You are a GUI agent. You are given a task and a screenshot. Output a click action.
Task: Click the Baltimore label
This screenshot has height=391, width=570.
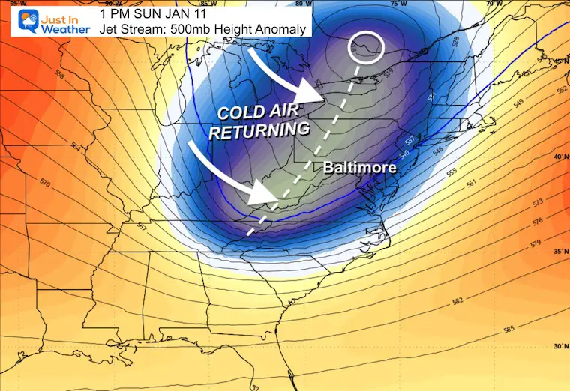[x=359, y=168]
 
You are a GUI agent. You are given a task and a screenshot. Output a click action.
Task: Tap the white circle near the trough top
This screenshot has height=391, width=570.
[x=367, y=48]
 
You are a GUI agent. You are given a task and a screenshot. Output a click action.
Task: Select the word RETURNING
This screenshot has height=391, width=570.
[x=259, y=130]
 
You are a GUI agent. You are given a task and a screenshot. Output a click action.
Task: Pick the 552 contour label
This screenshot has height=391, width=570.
[x=560, y=89]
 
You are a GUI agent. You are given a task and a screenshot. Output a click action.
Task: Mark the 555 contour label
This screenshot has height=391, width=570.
[x=451, y=173]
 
